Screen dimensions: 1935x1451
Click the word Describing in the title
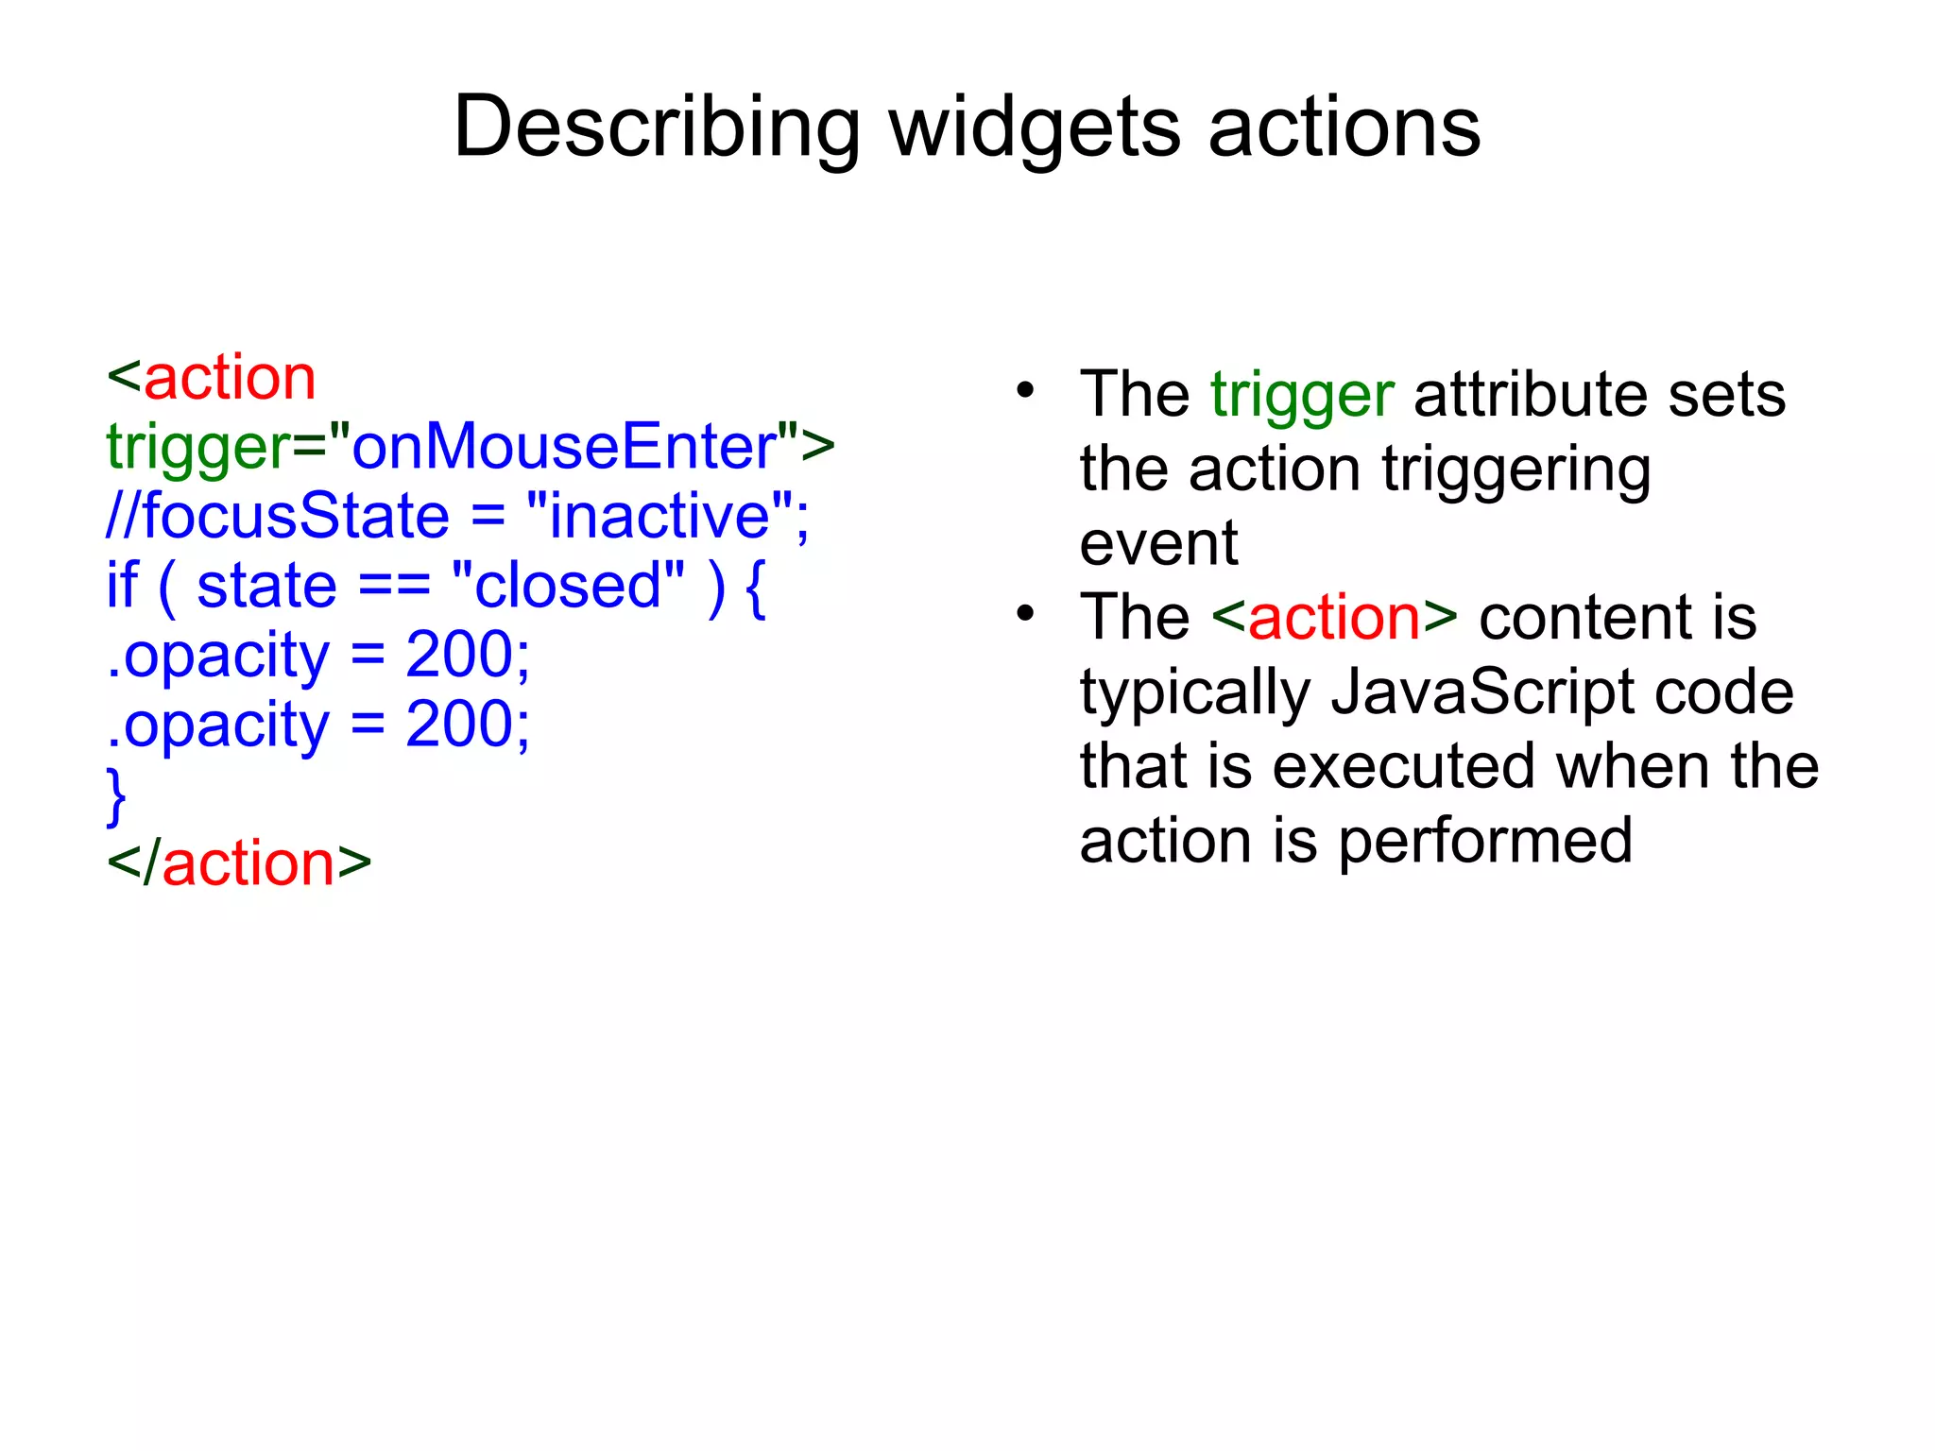point(657,128)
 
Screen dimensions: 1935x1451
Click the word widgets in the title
point(1035,128)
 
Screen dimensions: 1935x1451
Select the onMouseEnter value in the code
point(564,446)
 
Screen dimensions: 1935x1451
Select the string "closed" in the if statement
point(567,585)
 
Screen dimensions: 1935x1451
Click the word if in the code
point(122,585)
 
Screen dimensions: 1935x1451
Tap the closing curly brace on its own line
point(116,795)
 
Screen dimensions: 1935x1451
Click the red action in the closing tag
point(248,863)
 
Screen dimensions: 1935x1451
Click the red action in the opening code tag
point(230,378)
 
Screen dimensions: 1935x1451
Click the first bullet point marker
point(1025,390)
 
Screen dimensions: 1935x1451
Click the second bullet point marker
point(1025,615)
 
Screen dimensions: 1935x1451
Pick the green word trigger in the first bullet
point(1301,395)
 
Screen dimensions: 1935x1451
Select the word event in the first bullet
point(1158,544)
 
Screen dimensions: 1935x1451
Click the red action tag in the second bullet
point(1333,618)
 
